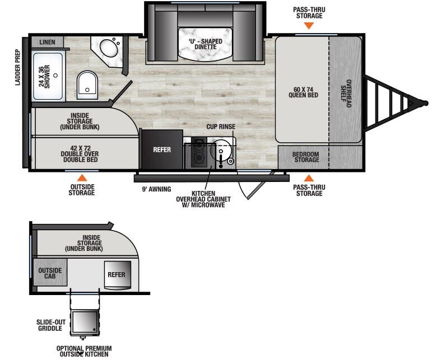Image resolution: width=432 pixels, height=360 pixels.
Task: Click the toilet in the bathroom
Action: click(x=86, y=84)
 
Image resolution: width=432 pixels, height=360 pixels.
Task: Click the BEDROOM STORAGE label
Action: click(x=307, y=157)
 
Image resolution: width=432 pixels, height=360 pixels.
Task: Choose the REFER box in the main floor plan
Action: click(x=162, y=149)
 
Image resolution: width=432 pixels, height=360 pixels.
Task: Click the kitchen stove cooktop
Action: click(x=199, y=152)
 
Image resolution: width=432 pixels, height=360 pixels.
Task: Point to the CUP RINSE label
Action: click(x=221, y=127)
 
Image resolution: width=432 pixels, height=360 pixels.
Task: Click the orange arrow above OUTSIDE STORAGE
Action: click(x=82, y=177)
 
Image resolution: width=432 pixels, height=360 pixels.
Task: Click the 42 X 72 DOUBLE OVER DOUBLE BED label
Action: click(x=81, y=152)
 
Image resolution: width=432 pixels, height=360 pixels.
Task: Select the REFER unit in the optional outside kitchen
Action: click(x=117, y=274)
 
